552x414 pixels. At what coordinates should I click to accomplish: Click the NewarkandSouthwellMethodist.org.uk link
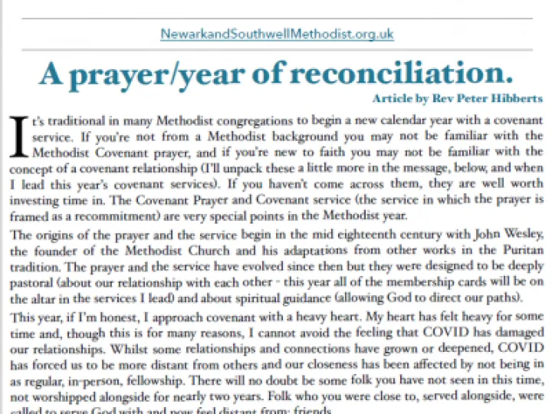click(x=277, y=34)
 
